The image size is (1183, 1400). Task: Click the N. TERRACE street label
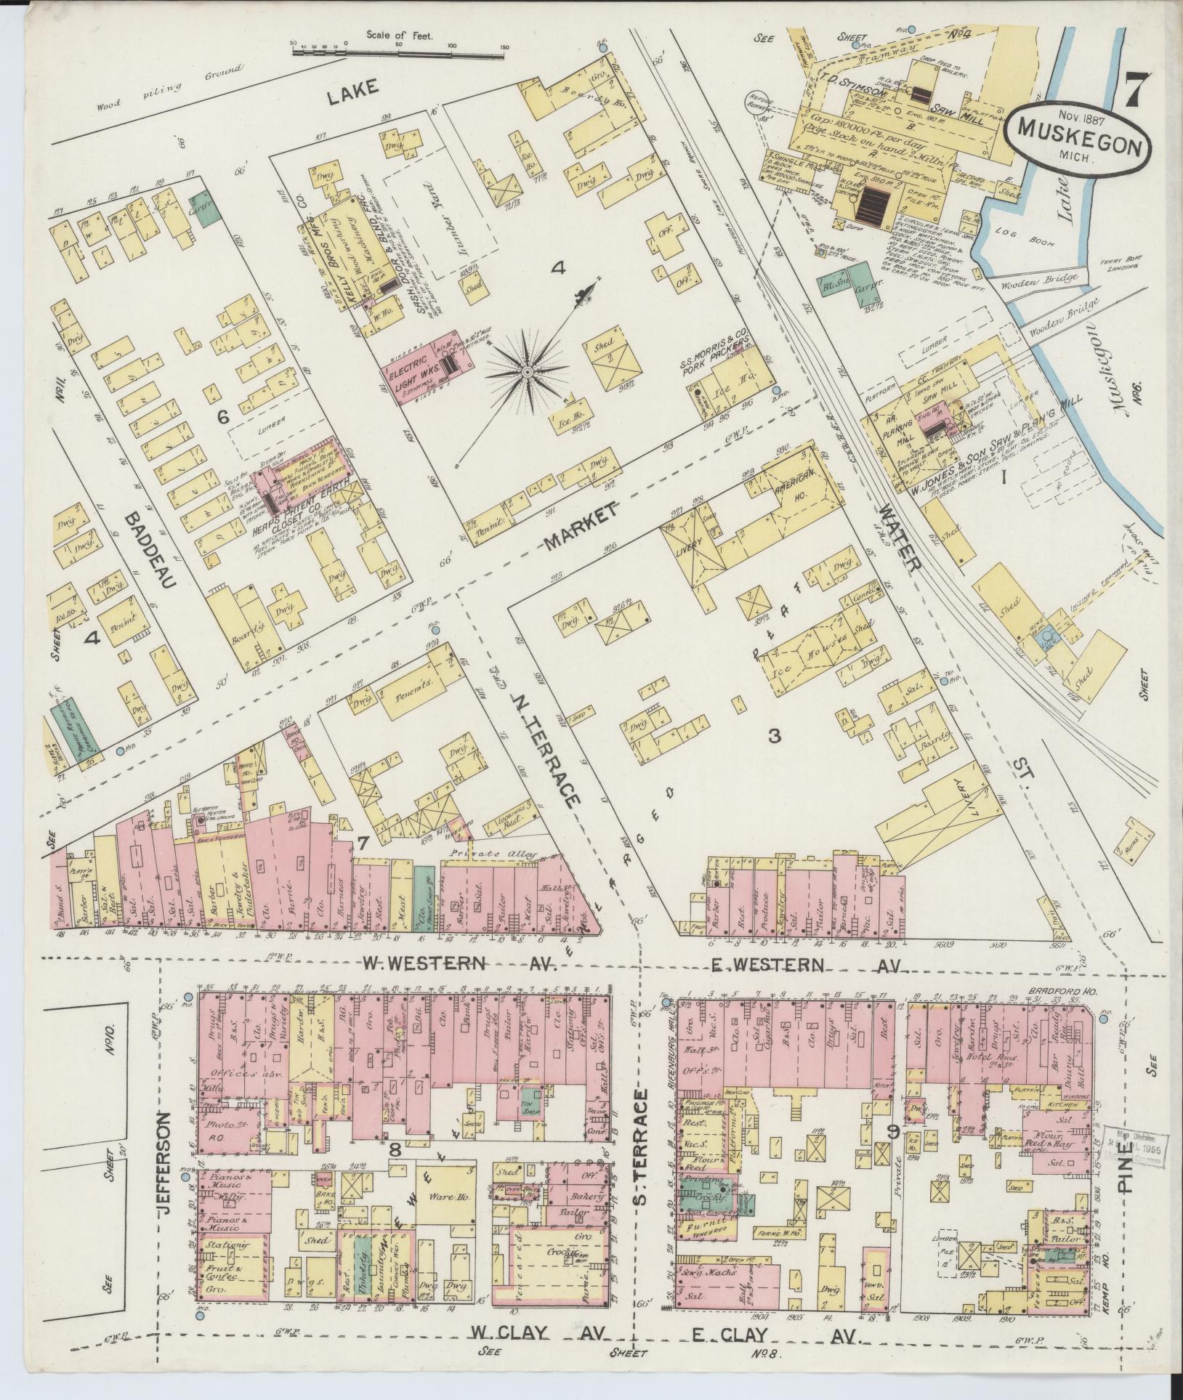pyautogui.click(x=548, y=745)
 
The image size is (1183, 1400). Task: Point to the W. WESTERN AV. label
pyautogui.click(x=459, y=965)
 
